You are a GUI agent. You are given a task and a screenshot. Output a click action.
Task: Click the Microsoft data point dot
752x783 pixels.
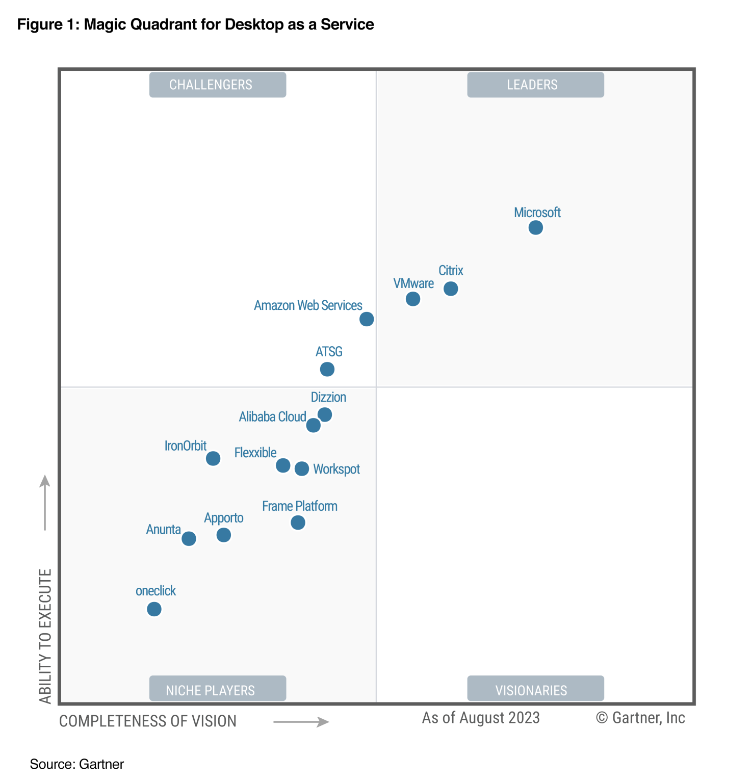coord(535,227)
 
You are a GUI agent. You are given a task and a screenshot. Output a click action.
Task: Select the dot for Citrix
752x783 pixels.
coord(451,289)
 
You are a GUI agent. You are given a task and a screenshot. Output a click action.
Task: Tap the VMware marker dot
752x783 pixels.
coord(413,299)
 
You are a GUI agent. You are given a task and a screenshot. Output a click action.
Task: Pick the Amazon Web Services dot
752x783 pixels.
coord(367,319)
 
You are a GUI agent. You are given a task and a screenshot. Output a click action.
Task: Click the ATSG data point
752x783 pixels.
coord(327,369)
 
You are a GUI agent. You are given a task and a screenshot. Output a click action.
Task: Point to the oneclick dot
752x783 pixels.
coord(154,609)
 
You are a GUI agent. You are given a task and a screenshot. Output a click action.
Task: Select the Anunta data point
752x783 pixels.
coord(189,538)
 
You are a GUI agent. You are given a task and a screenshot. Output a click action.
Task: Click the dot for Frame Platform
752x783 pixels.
coord(298,523)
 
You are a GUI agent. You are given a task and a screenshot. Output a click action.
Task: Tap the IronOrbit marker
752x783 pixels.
coord(213,458)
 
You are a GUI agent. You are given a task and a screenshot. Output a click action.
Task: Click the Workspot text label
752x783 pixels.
coord(336,469)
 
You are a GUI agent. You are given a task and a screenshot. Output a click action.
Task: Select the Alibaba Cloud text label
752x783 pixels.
coord(272,417)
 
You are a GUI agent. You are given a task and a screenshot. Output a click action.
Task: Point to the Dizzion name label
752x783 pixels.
coord(328,397)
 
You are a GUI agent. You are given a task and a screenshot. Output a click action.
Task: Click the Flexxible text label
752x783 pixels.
coord(255,453)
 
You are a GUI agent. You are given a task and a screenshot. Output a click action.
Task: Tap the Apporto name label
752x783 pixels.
coord(224,518)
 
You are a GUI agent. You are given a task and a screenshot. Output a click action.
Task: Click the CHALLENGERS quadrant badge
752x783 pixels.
coord(218,85)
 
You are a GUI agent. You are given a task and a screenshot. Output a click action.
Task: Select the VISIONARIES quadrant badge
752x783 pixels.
coord(535,690)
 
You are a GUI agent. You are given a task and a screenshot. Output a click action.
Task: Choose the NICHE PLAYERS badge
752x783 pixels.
coord(218,690)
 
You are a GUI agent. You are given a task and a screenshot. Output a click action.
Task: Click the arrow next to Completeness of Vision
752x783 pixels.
coord(301,722)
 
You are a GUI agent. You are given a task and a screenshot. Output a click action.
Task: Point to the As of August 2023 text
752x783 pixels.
coord(481,718)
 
